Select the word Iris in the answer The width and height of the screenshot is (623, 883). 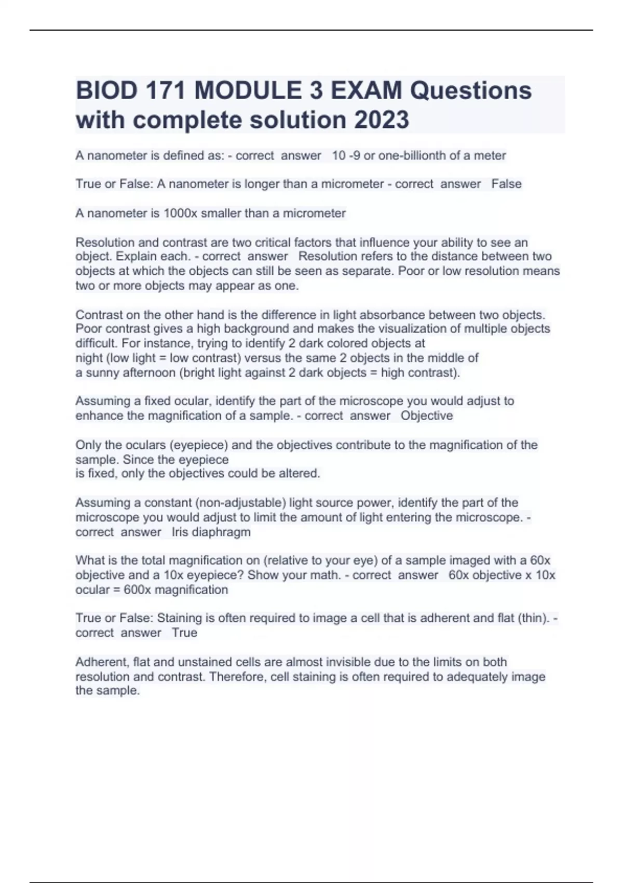(x=180, y=532)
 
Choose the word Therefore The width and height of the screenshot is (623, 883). (x=240, y=677)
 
